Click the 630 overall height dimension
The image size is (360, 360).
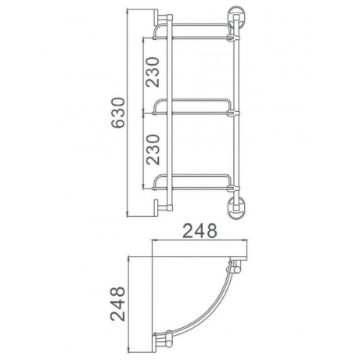click(117, 113)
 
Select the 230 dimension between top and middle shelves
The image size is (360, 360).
click(153, 72)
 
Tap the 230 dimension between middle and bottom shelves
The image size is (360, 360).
click(153, 149)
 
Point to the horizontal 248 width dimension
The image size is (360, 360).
click(200, 231)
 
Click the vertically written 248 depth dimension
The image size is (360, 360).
click(117, 304)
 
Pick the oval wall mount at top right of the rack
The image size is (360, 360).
click(235, 16)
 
